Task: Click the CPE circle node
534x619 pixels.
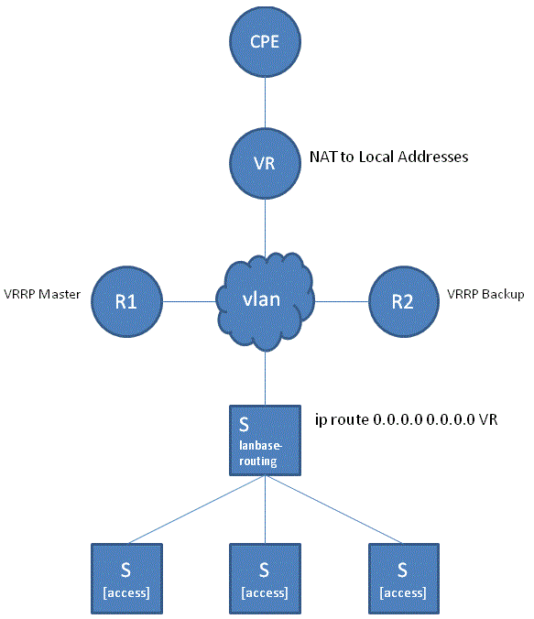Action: pos(265,42)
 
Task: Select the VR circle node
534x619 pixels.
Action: pos(265,162)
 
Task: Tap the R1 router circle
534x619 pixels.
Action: pos(126,300)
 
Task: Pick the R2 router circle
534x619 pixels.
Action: pos(403,300)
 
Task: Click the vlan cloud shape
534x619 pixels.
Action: pos(265,300)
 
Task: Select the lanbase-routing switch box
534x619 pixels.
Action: pos(265,441)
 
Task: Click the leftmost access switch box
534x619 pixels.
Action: pos(126,577)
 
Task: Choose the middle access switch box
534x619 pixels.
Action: pos(264,577)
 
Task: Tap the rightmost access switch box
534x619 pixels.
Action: pos(402,577)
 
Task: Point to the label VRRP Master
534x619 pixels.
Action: pos(42,295)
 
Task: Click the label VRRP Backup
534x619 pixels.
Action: pos(485,295)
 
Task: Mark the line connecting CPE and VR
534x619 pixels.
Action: pos(265,102)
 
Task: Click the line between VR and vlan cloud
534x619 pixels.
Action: pos(265,220)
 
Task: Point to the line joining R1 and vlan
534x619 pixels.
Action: pos(189,300)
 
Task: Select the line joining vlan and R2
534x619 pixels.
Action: pos(341,300)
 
